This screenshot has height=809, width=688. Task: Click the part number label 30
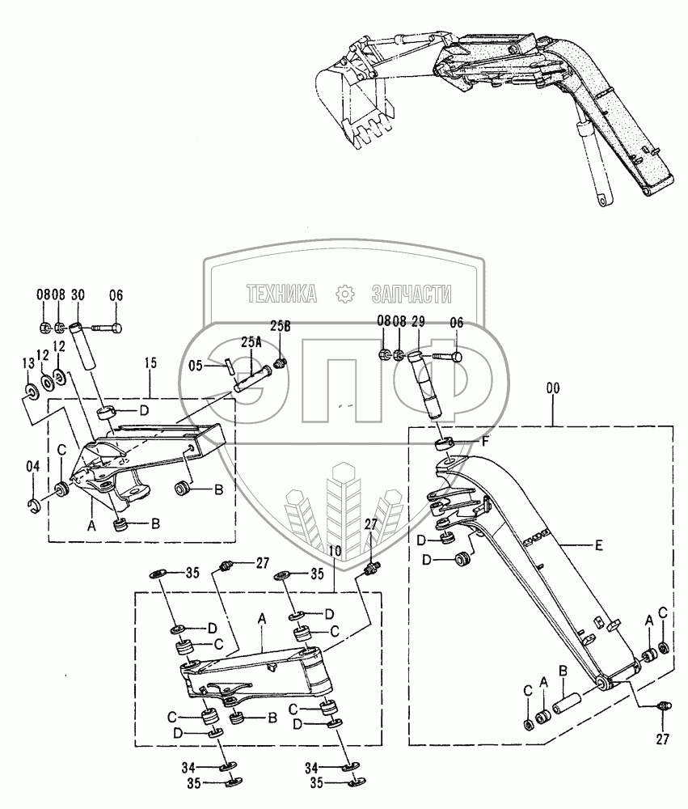78,296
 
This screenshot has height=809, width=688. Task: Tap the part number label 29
419,323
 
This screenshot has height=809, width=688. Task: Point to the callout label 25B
280,326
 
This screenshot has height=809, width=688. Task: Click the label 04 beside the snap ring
32,465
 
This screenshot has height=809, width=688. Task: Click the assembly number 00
553,388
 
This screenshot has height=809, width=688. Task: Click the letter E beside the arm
598,546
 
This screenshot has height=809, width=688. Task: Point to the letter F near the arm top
485,443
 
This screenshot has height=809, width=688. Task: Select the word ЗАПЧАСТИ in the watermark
412,294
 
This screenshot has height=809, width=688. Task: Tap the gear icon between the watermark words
346,294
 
